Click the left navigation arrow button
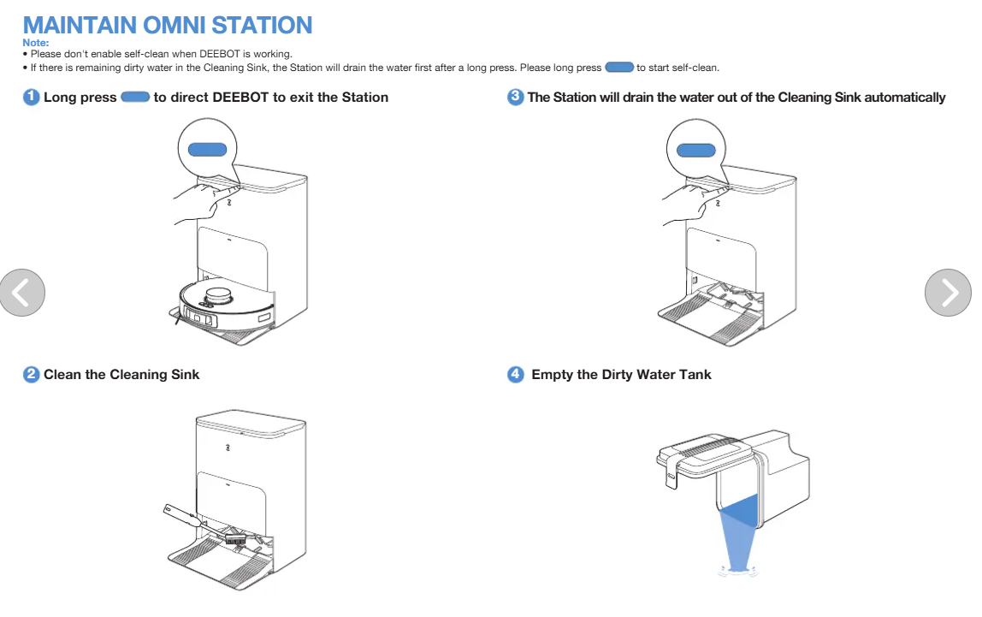(x=22, y=292)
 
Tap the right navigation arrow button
(x=948, y=292)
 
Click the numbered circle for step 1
(x=31, y=97)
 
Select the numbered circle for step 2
(x=31, y=374)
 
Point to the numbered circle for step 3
(x=516, y=97)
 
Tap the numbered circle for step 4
(x=516, y=374)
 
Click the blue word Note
(x=36, y=43)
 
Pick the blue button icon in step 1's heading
(x=135, y=97)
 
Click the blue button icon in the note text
(x=618, y=68)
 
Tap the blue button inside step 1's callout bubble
(x=207, y=150)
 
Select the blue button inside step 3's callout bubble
(x=695, y=151)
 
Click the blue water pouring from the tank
(x=738, y=531)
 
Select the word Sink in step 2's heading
(x=184, y=375)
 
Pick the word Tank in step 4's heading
(x=695, y=375)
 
